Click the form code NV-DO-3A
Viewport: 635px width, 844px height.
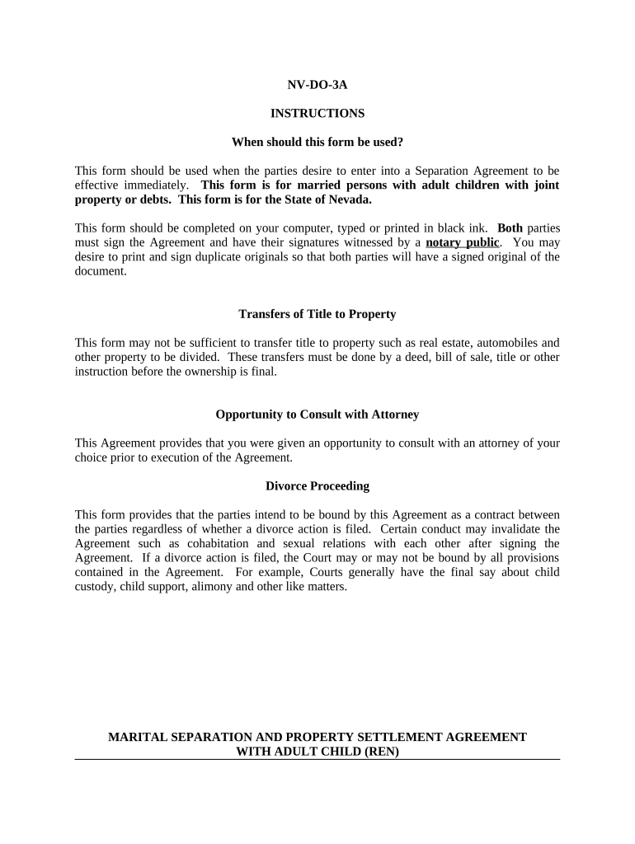[x=317, y=84]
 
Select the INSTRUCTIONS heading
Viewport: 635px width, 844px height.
[x=317, y=113]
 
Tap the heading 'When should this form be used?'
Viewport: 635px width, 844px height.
[x=317, y=142]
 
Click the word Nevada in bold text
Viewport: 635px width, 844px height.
[x=350, y=199]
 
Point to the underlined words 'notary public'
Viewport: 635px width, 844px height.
[x=463, y=242]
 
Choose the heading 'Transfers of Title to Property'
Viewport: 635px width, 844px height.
[x=317, y=314]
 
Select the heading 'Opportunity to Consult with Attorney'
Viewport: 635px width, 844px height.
[x=317, y=415]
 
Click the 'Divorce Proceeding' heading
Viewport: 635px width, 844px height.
[x=317, y=486]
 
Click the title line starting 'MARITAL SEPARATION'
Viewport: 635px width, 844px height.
[x=317, y=737]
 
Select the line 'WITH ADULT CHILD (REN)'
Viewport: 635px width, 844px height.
[x=317, y=752]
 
